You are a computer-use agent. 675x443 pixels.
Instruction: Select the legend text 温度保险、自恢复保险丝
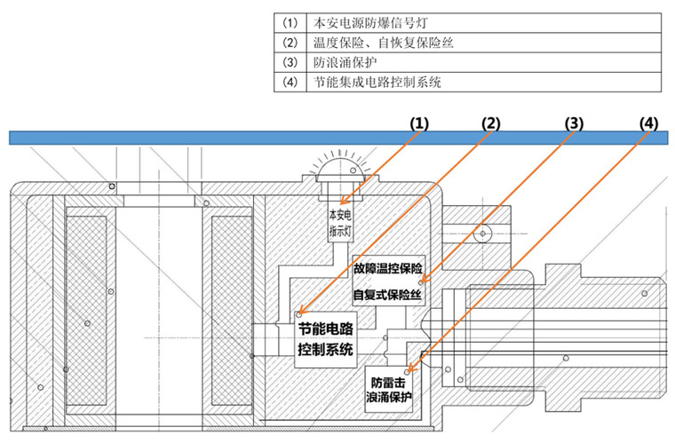coord(383,43)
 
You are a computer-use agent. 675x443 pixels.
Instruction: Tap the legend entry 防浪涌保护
coord(345,62)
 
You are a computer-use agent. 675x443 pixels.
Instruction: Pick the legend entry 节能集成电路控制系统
coord(377,82)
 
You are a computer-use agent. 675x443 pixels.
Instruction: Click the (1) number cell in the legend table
coord(290,23)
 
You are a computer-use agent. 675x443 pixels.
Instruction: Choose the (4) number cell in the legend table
coord(290,82)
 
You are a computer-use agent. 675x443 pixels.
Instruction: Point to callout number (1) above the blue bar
coord(419,124)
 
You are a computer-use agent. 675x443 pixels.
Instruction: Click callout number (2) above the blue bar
coord(491,124)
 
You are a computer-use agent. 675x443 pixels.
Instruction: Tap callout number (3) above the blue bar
coord(574,124)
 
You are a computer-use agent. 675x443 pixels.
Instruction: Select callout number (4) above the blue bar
coord(648,124)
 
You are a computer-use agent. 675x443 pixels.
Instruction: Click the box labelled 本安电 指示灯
coord(340,222)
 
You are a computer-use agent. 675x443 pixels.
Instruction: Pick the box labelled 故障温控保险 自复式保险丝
coord(389,281)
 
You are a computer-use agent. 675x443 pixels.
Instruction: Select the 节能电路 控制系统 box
coord(325,339)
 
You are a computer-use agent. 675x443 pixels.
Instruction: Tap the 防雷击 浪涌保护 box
coord(389,389)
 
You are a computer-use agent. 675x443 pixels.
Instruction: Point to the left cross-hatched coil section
coord(86,311)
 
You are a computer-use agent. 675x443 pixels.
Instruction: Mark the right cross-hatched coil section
coord(232,311)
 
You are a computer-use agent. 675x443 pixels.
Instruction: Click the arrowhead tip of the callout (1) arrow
coord(340,203)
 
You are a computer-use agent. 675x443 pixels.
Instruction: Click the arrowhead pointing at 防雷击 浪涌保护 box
coord(409,371)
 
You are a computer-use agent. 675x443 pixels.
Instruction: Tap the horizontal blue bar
coord(338,138)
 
